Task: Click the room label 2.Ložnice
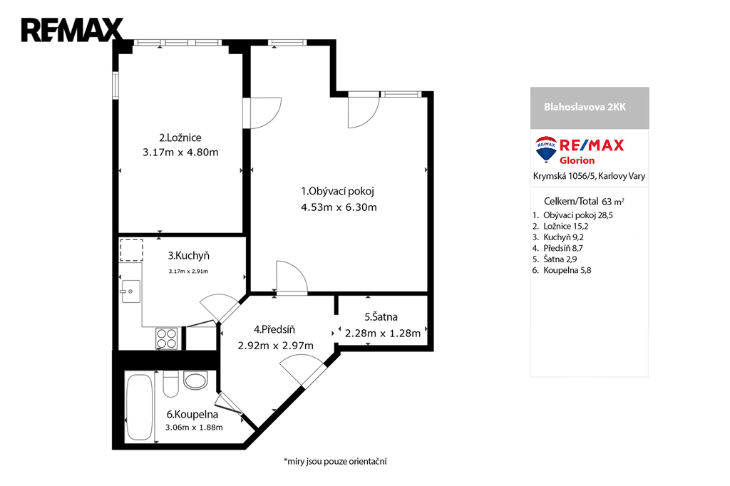click(180, 138)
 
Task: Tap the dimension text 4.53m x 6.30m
click(339, 207)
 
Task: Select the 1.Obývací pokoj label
click(337, 191)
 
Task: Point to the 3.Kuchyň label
click(188, 256)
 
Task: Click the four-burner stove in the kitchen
click(167, 338)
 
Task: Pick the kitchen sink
click(131, 291)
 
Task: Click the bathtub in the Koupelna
click(139, 408)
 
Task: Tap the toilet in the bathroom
click(171, 384)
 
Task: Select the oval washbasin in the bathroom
click(195, 381)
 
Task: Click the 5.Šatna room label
click(381, 317)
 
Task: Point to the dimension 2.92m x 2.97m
click(275, 346)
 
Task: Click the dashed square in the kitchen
click(131, 250)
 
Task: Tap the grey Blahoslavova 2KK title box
click(590, 108)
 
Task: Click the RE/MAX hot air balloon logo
click(546, 149)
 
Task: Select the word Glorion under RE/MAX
click(577, 160)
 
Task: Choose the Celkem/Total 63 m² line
click(584, 202)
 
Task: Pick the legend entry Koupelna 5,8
click(562, 271)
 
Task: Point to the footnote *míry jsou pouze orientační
click(335, 462)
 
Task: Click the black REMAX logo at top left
click(72, 30)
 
